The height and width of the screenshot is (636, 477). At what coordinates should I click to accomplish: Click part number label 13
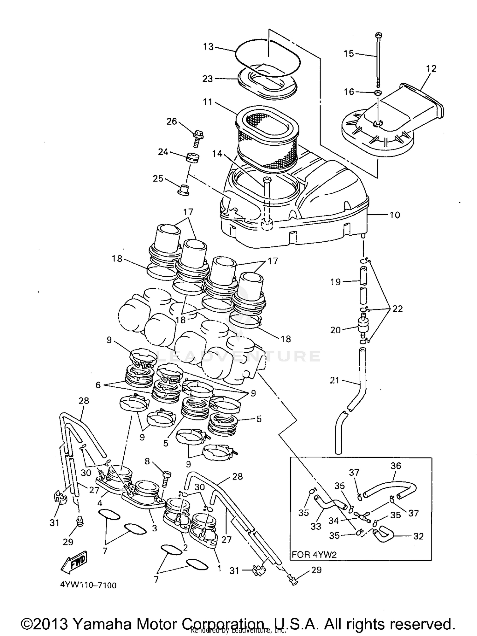click(x=208, y=47)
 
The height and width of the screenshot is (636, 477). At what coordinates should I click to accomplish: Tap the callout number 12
click(x=431, y=68)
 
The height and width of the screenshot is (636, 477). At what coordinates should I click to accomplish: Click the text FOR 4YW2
click(x=314, y=555)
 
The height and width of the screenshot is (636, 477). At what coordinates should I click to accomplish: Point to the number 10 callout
click(x=395, y=215)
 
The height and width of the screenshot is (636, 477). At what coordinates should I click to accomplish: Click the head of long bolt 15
click(x=378, y=35)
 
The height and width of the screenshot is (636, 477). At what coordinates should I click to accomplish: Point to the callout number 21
click(x=335, y=380)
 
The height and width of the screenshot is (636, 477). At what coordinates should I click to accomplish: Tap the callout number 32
click(x=418, y=536)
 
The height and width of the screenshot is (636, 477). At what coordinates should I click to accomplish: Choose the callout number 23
click(x=208, y=79)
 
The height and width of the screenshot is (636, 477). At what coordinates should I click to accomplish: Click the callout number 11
click(x=208, y=103)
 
